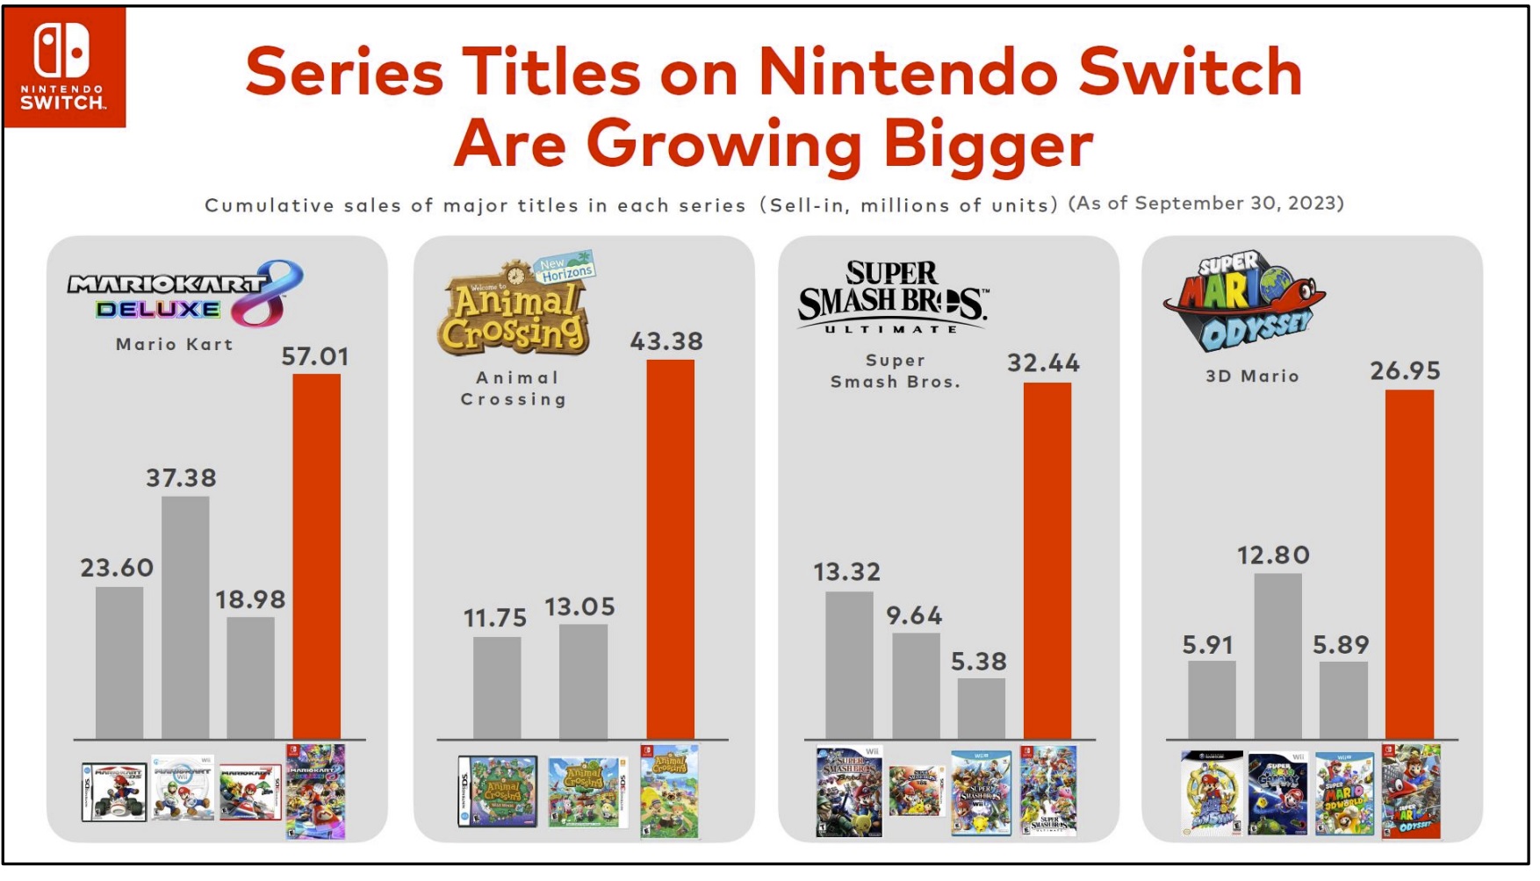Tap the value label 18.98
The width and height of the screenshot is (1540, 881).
[250, 599]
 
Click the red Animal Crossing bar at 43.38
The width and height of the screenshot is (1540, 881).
[670, 548]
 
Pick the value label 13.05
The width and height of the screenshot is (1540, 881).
[579, 606]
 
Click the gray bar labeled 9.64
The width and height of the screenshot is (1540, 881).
[916, 685]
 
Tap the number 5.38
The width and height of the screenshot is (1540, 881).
[979, 661]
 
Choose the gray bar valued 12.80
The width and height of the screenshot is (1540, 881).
[1277, 655]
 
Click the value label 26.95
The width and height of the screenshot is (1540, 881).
[1405, 370]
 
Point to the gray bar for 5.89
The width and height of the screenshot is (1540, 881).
[1342, 699]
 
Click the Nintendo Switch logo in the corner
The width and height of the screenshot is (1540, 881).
[64, 67]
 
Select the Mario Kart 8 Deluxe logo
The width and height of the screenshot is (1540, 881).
[185, 293]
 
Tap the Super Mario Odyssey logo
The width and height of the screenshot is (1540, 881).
[1244, 301]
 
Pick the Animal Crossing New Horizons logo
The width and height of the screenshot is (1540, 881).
[517, 306]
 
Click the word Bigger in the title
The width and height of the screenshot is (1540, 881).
[988, 144]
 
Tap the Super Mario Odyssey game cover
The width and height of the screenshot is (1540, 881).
[1411, 791]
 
